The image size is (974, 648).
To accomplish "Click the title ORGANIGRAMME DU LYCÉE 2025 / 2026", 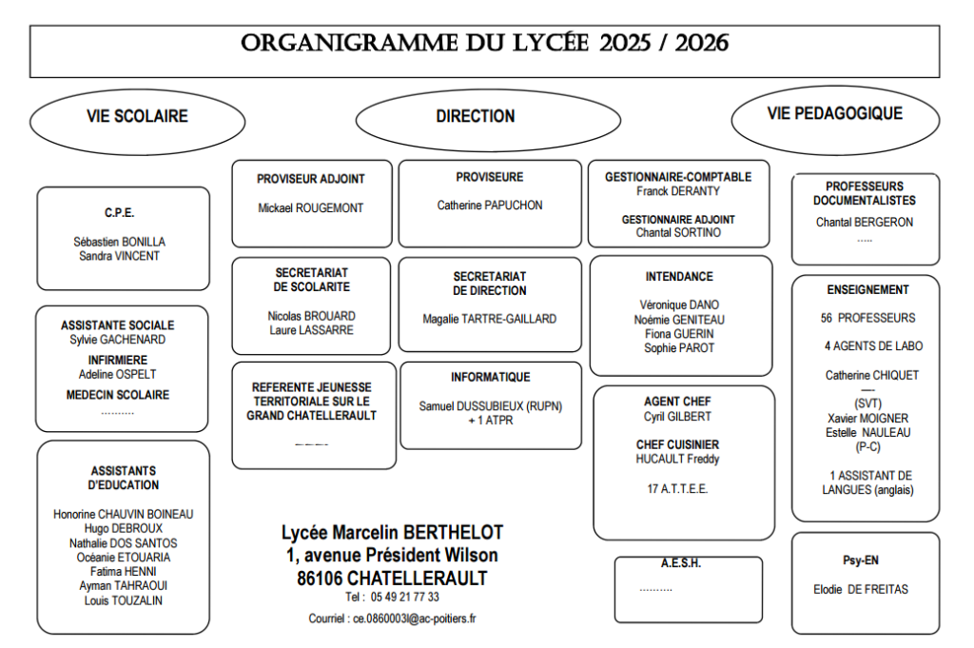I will (x=484, y=44).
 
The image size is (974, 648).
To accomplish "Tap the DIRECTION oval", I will (x=476, y=116).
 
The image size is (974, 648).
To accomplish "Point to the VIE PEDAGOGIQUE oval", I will (x=834, y=113).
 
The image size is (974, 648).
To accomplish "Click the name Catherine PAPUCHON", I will (x=489, y=206).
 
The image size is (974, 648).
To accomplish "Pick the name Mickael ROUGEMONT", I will (x=310, y=207).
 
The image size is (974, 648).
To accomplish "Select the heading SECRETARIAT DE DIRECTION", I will (x=489, y=284).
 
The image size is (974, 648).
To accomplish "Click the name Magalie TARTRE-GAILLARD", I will (x=489, y=320).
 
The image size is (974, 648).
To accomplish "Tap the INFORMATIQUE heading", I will (x=490, y=378).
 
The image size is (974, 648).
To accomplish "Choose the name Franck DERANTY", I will (x=677, y=191).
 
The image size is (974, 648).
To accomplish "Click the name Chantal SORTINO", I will (x=678, y=233).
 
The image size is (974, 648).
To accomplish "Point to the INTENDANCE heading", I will (x=678, y=277).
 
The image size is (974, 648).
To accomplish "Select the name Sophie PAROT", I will (x=678, y=348).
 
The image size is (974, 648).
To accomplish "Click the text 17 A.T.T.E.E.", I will (x=677, y=489).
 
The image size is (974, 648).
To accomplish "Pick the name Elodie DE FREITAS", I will (x=861, y=590).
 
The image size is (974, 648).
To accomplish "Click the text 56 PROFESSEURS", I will (x=867, y=318).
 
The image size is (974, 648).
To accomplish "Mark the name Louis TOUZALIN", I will (x=123, y=600).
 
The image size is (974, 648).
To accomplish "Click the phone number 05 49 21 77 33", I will (x=406, y=598).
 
